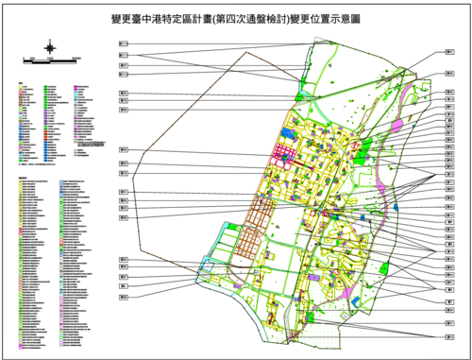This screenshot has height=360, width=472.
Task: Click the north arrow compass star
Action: click(x=51, y=45)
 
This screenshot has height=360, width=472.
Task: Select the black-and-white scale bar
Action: click(x=51, y=60)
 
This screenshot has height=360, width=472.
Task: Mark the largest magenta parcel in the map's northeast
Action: click(x=396, y=125)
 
